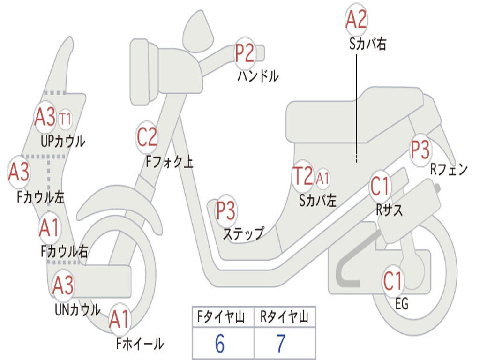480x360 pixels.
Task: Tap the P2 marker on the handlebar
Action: coord(245,53)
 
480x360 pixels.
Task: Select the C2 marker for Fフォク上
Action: coord(147,137)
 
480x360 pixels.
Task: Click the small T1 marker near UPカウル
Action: coord(65,119)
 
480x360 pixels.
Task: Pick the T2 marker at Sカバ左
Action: coord(302,176)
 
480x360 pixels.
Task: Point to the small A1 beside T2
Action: coord(323,178)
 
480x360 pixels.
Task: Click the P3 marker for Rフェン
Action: coord(420,150)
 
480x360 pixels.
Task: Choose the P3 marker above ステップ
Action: coord(225,210)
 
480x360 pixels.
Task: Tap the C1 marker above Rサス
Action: coord(380,186)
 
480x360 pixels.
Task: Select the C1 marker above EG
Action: coord(393,281)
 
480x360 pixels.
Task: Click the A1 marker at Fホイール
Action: coord(119,320)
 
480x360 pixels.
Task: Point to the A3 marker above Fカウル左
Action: coord(19,172)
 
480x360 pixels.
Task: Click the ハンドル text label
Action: coord(258,76)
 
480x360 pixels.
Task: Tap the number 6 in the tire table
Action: coord(220,344)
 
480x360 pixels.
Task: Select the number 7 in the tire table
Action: coord(281,344)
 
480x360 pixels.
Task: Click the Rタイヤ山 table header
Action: coord(284,318)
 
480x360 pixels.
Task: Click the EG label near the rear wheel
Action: coord(402,304)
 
